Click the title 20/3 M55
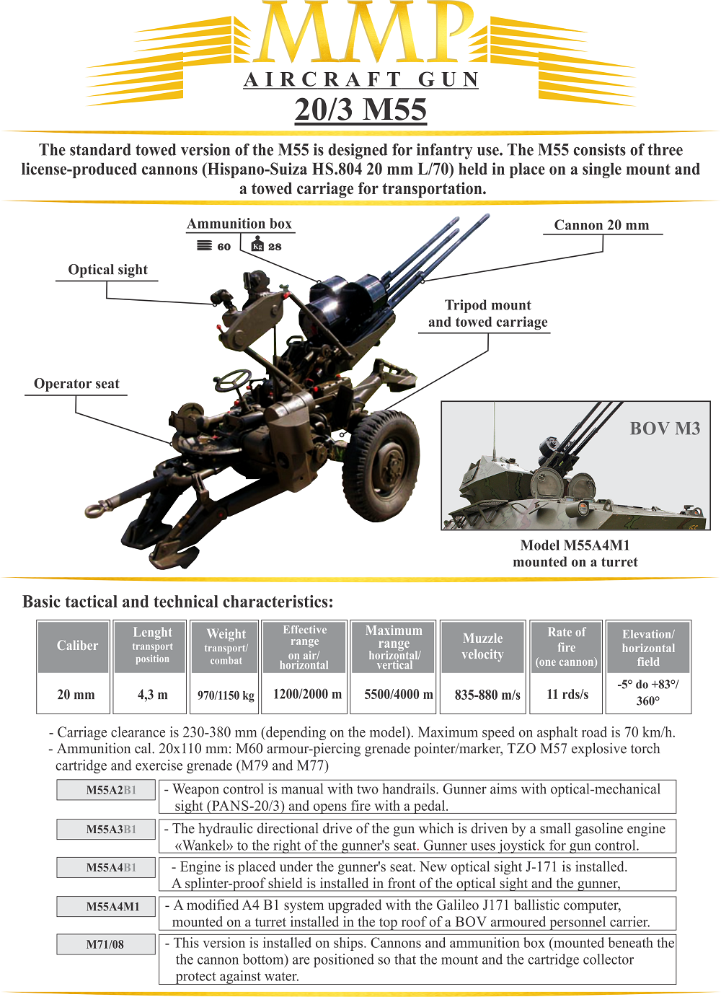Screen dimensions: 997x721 (360, 110)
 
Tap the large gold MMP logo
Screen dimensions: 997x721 (360, 32)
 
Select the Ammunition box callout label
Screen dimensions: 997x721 (239, 224)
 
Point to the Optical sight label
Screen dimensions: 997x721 (107, 270)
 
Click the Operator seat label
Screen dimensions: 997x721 (76, 384)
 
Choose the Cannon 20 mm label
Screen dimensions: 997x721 (601, 225)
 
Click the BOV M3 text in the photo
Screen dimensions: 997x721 (665, 429)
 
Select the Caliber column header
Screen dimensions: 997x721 (77, 646)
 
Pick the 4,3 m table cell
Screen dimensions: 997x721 (152, 695)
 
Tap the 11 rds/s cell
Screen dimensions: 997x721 (567, 695)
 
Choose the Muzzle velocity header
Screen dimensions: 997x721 (482, 646)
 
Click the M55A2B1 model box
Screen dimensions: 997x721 (107, 790)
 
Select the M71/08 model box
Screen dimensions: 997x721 (107, 944)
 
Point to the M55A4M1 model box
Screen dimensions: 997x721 (107, 907)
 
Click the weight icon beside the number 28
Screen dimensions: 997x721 (257, 246)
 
